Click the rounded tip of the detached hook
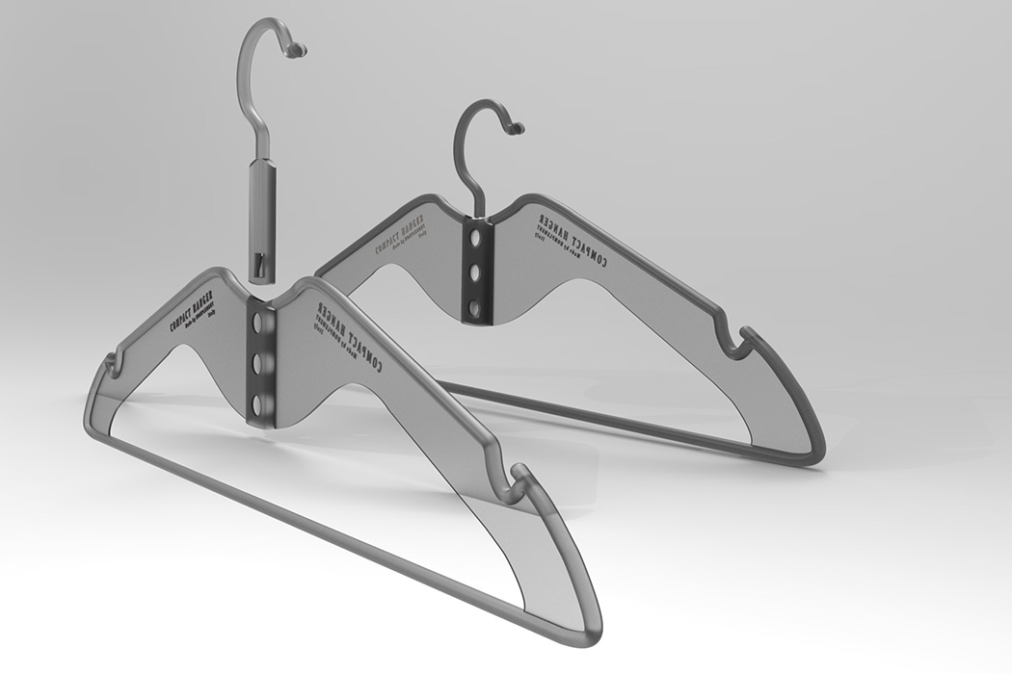[x=300, y=47]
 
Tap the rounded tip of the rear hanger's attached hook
[x=517, y=127]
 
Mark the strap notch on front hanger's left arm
[x=114, y=364]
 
